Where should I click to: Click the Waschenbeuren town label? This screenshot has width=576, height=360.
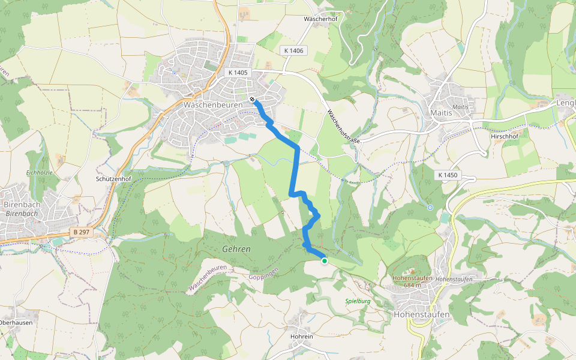point(213,104)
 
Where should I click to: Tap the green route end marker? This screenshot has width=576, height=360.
point(325,260)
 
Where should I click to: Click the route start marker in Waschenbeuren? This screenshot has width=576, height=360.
point(253,100)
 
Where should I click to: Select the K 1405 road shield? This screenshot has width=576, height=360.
point(238,72)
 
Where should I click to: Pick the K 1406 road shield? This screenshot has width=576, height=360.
point(293,51)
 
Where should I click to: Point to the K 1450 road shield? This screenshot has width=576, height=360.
point(448,175)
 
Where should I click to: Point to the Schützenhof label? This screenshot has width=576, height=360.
point(114,179)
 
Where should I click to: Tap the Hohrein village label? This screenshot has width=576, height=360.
point(302,337)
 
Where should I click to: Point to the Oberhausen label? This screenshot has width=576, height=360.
point(15,322)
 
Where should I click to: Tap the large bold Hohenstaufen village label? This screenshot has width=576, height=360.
point(421,314)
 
